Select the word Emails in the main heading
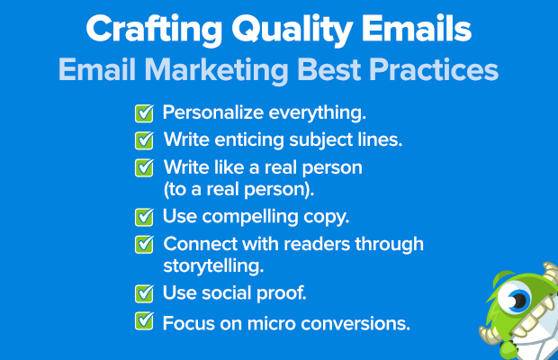(417, 29)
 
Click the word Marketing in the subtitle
(216, 71)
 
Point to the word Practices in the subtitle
(434, 69)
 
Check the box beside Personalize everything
(144, 113)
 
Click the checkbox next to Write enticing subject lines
(144, 140)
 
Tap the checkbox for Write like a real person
(144, 167)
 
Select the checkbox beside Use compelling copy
(144, 217)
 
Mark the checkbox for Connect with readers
(144, 245)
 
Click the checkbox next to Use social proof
(144, 293)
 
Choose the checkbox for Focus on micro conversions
(144, 320)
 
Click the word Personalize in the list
(213, 112)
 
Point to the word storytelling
(213, 265)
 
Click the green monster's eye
(514, 297)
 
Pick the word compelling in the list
(250, 217)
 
